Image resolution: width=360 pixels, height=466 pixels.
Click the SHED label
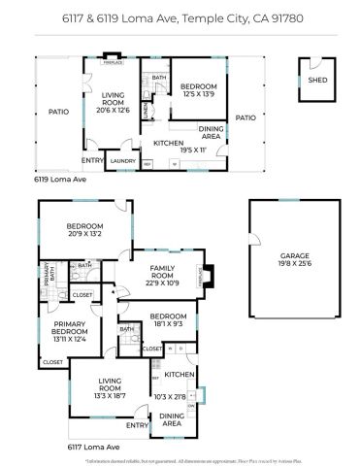coord(316,81)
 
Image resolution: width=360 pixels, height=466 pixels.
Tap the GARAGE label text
coord(295,254)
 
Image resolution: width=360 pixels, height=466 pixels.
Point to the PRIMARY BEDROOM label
coord(70,328)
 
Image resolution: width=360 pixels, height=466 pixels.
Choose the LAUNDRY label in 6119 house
coord(122,161)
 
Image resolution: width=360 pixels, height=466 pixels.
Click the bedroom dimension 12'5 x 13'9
coord(198,95)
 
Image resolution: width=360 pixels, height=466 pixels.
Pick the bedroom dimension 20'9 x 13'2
coord(85,234)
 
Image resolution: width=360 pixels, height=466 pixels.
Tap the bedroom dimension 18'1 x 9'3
coord(168,325)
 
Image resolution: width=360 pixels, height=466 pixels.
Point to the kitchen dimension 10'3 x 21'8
coord(178,396)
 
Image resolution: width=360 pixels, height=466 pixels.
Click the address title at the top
coord(180,17)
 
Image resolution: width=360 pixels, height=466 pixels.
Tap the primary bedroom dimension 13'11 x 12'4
coord(70,339)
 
